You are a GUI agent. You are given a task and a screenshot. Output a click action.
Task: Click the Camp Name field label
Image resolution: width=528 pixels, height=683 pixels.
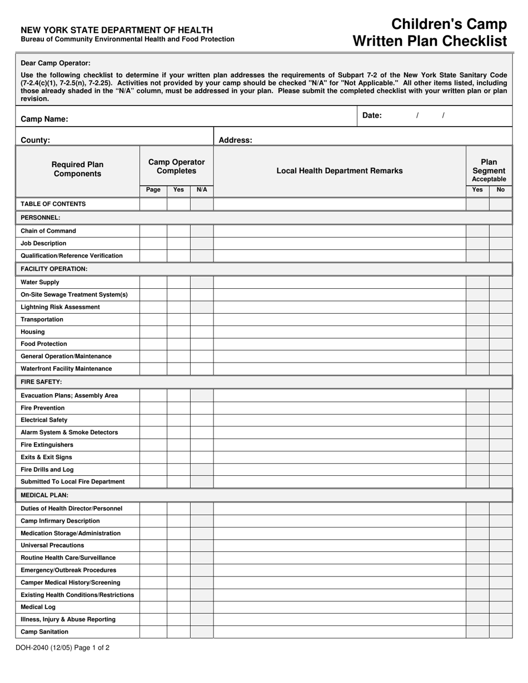pos(44,119)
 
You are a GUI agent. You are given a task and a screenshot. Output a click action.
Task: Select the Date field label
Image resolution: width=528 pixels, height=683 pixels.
pos(372,115)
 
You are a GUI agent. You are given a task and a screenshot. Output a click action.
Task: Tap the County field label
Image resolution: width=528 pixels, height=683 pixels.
pos(35,140)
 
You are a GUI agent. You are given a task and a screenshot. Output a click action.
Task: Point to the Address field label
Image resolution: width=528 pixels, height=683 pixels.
pos(235,140)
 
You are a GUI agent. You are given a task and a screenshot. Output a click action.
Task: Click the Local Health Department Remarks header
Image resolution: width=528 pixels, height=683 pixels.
pos(340,171)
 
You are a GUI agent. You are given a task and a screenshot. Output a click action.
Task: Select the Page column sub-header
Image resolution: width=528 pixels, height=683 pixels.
pos(153,190)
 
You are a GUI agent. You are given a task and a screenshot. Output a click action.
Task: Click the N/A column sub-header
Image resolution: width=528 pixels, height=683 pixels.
pos(202,190)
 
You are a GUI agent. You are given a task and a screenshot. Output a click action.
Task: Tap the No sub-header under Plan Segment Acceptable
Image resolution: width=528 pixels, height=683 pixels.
pos(500,190)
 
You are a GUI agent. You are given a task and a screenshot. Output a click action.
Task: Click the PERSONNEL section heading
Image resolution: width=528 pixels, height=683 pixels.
pos(41,218)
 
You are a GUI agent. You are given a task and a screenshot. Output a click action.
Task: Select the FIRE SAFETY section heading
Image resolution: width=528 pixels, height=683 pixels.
pos(41,382)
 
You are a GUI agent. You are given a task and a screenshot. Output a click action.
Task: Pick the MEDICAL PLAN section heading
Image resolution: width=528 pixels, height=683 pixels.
pos(44,495)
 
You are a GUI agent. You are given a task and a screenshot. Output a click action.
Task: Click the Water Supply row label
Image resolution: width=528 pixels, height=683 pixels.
pos(40,282)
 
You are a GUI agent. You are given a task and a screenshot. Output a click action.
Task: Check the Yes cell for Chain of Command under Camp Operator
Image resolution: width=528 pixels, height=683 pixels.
pos(178,231)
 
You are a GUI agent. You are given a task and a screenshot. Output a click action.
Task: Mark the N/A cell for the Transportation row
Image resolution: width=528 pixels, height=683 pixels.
pos(202,320)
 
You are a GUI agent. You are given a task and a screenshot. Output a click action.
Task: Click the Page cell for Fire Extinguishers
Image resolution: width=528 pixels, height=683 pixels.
pos(153,445)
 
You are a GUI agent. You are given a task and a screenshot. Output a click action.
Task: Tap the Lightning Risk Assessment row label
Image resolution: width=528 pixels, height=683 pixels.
pos(60,307)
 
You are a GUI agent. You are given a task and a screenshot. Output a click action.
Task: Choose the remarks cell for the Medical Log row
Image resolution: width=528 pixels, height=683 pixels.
pos(340,607)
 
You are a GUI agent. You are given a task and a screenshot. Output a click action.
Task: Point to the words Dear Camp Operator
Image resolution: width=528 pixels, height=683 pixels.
pos(56,63)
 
